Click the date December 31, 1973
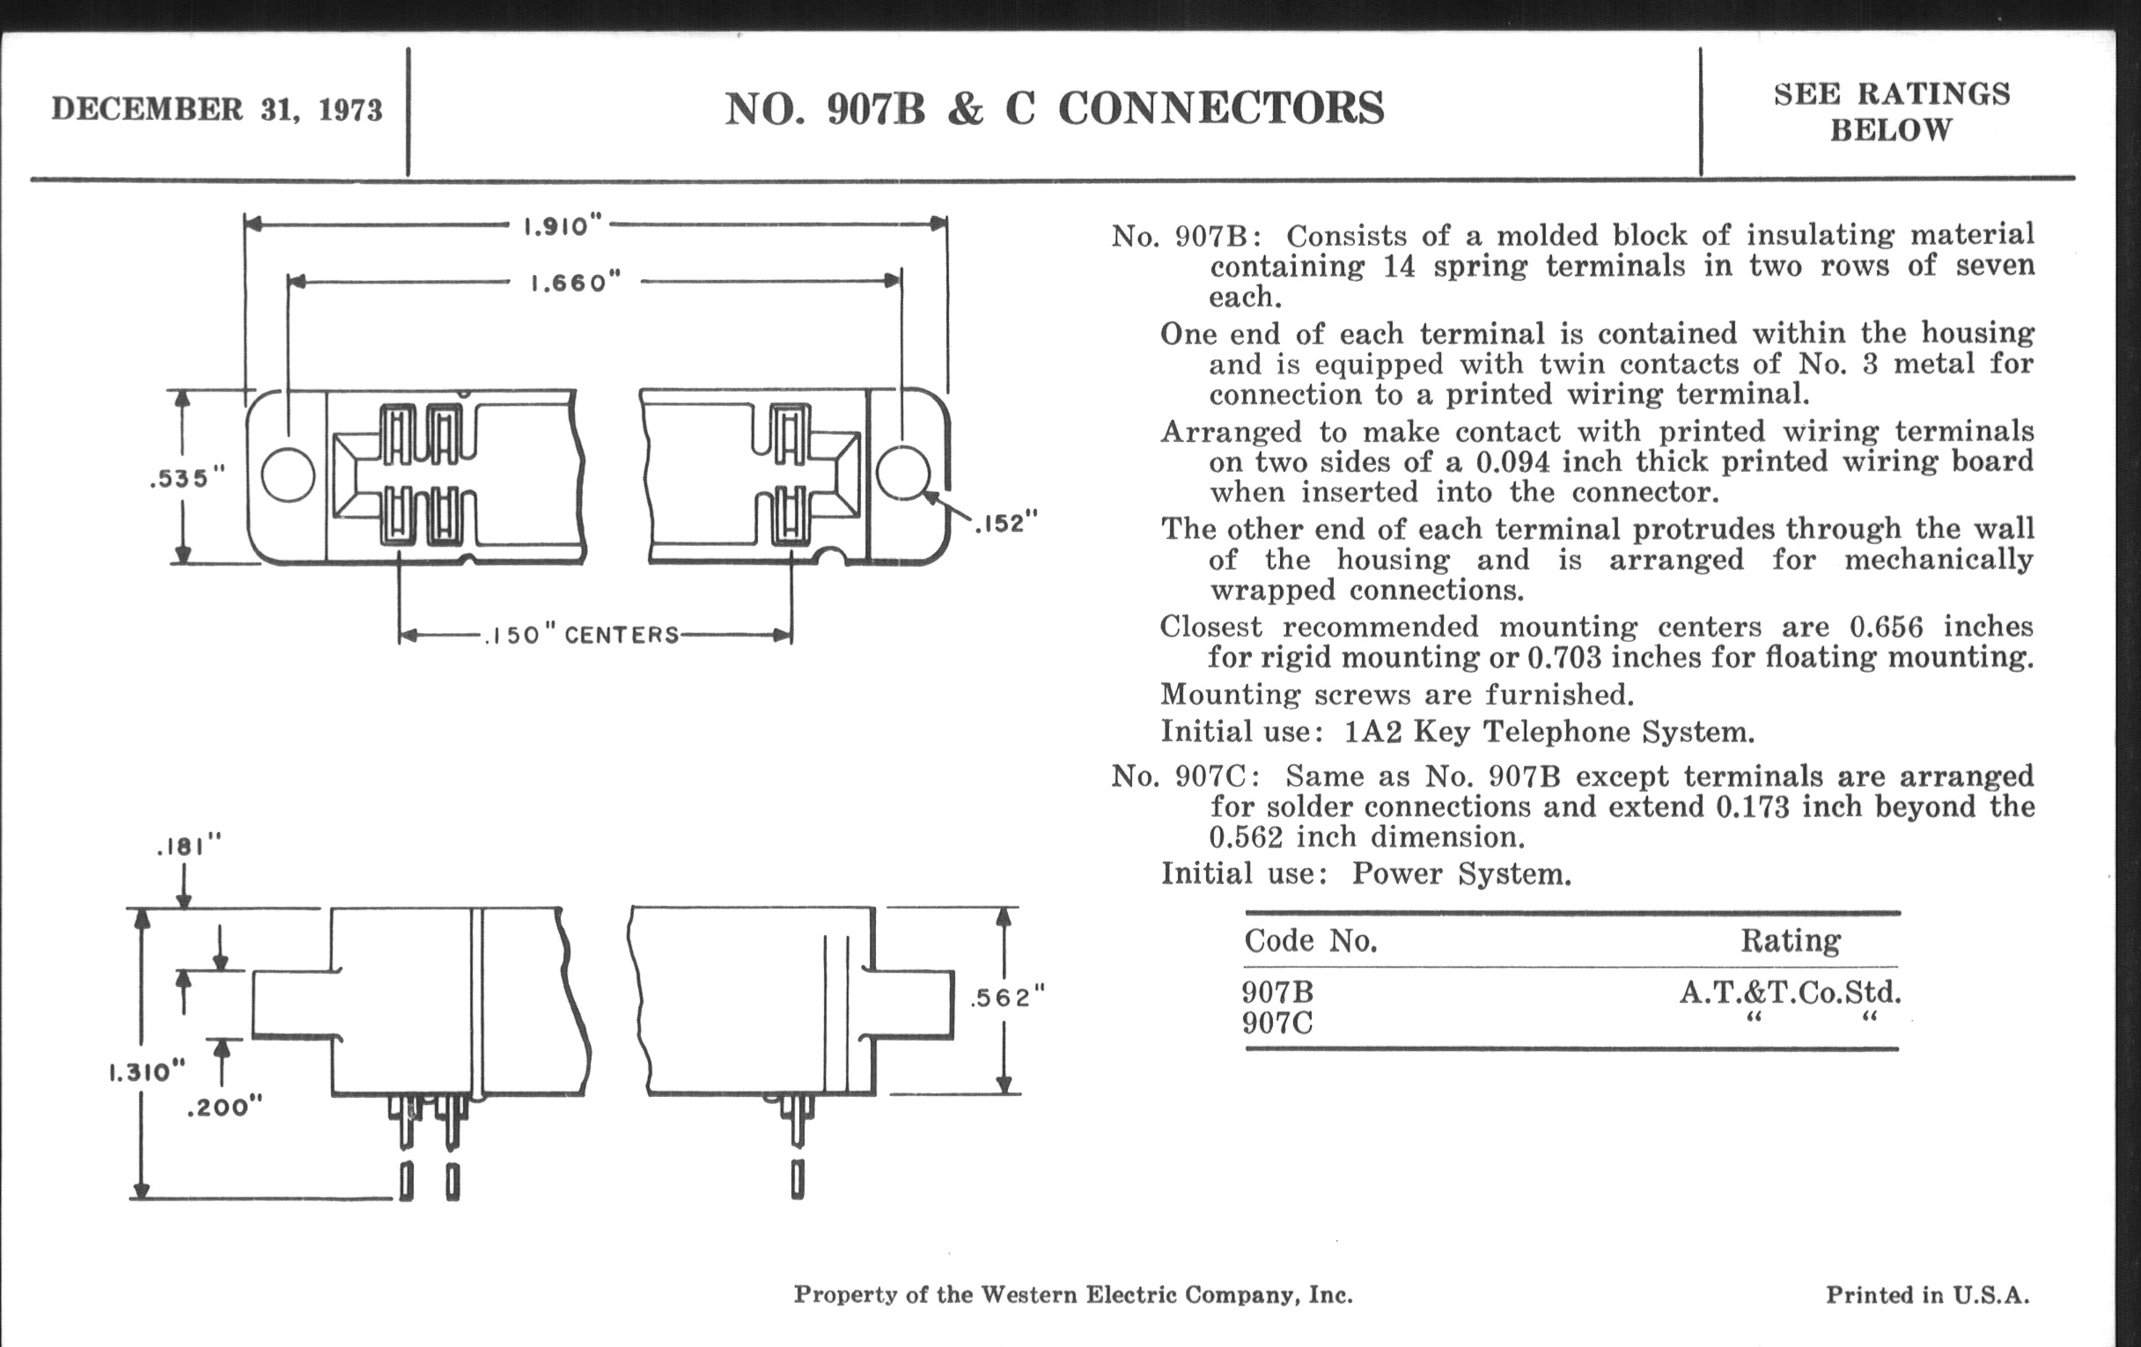pos(217,109)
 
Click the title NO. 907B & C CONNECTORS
pos(1055,108)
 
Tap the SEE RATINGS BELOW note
pos(1892,112)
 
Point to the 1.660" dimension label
pos(575,283)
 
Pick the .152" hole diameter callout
pos(1006,523)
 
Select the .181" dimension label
pos(188,846)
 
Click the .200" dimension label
pos(225,1108)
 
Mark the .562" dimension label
pos(1007,997)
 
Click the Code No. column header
pos(1311,940)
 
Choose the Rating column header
pos(1791,940)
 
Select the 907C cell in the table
pos(1277,1024)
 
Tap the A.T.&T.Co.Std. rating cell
pos(1790,992)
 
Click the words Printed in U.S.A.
pos(1928,1294)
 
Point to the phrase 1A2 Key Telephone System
pos(1549,732)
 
